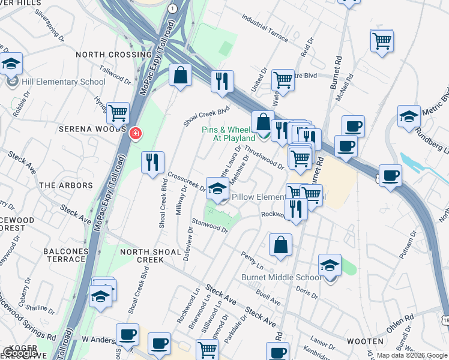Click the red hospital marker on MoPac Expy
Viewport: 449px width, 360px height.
(136, 132)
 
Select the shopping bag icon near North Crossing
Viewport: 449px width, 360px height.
(180, 76)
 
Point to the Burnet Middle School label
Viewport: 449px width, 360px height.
(281, 277)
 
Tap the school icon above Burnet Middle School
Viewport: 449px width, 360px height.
(330, 265)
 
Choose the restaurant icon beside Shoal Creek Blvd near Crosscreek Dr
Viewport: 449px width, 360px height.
(152, 162)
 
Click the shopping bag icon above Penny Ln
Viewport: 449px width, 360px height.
(280, 245)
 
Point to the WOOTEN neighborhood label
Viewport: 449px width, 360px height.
(365, 341)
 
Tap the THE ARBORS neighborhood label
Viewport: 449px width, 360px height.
(66, 185)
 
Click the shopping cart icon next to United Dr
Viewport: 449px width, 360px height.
(282, 79)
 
